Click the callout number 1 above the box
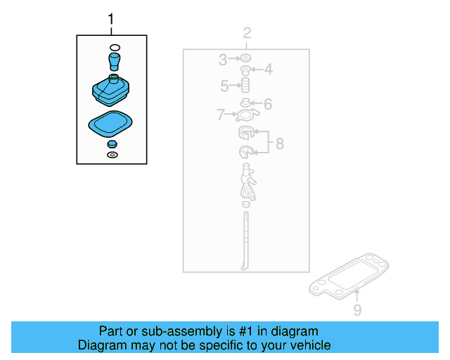tap(111, 19)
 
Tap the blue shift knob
tap(115, 61)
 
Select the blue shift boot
tap(111, 90)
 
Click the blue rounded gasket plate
tap(110, 124)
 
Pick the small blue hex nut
tap(112, 144)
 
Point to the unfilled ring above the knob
tap(115, 47)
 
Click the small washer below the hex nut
tap(112, 155)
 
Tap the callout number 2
tap(247, 33)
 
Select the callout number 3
tap(223, 60)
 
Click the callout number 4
tap(269, 69)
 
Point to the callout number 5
tap(224, 86)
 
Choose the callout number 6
tap(268, 104)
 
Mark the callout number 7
tap(220, 115)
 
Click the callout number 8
tap(280, 143)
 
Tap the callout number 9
tap(357, 310)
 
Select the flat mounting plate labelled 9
tap(349, 276)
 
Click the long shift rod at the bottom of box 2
tap(245, 241)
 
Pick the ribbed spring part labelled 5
tap(245, 85)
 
